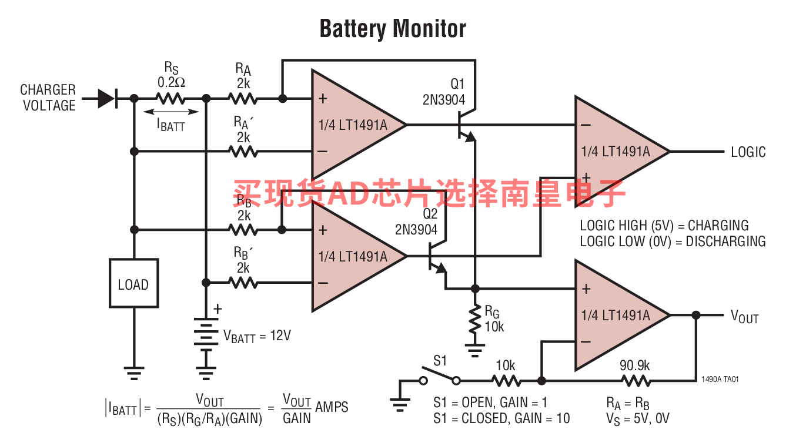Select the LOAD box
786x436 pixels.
click(x=133, y=283)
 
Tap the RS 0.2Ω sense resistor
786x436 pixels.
click(x=170, y=99)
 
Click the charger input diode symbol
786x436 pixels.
click(x=108, y=99)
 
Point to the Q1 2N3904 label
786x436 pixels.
click(x=444, y=92)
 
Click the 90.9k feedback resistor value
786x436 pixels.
click(x=634, y=365)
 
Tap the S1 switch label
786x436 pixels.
click(x=440, y=361)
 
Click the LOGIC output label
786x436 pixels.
click(x=748, y=152)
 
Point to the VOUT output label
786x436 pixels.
click(x=745, y=317)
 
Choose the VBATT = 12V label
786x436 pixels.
click(x=257, y=336)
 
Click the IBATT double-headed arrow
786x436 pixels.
click(x=171, y=112)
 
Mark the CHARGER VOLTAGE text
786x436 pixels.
click(x=48, y=98)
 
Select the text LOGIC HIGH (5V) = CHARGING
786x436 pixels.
click(x=664, y=226)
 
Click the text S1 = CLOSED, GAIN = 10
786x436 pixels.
click(x=501, y=418)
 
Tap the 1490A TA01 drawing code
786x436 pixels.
click(x=720, y=379)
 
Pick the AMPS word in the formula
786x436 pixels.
click(x=332, y=407)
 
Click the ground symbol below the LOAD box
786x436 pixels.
click(x=133, y=373)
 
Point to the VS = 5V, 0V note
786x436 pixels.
click(x=638, y=418)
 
